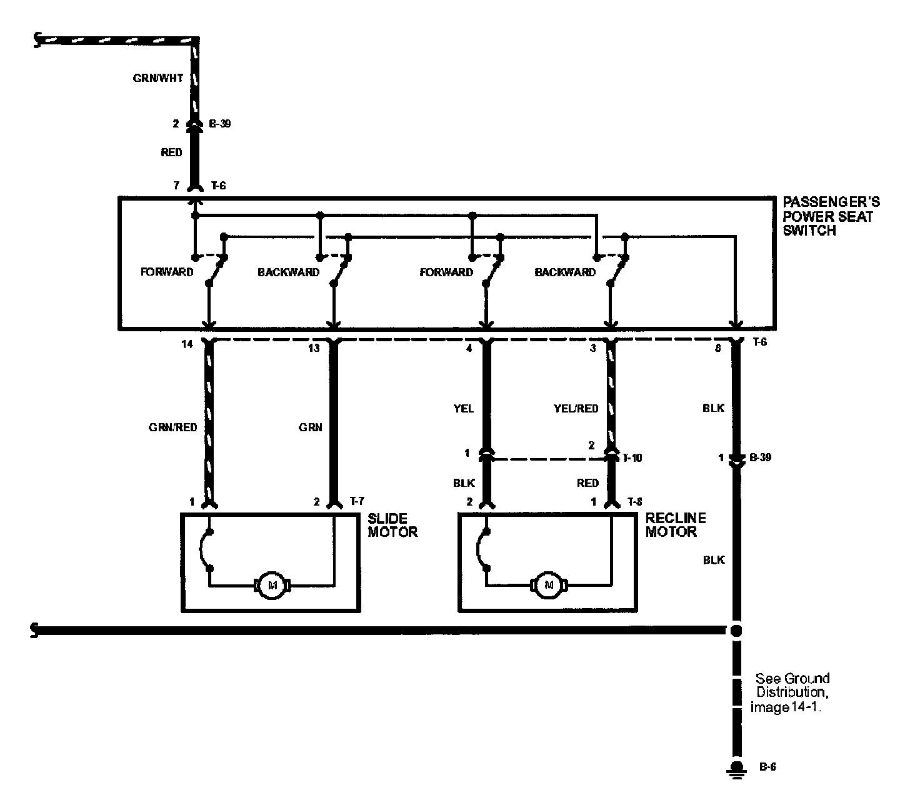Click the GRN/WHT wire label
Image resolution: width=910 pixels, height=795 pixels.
coord(158,78)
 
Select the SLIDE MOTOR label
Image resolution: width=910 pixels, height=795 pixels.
coord(392,525)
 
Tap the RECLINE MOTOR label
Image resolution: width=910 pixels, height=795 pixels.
coord(676,524)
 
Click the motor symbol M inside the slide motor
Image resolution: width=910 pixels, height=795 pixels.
coord(272,585)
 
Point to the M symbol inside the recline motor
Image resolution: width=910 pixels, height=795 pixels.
coord(549,585)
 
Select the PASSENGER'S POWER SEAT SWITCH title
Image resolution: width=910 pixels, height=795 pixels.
coord(831,216)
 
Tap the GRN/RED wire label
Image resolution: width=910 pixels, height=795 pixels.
coord(172,427)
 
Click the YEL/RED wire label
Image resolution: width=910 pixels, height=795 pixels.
coord(576,409)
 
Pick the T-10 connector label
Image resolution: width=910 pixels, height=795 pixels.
coord(632,458)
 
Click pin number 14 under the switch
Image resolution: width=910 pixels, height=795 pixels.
coord(187,344)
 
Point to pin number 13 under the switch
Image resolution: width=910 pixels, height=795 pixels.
coord(314,348)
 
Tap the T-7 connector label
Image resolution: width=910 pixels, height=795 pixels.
coord(357,501)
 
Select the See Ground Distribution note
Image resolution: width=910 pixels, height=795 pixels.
coord(790,692)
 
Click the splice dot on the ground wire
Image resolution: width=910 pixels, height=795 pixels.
coord(736,631)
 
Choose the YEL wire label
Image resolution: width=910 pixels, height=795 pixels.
coord(464,409)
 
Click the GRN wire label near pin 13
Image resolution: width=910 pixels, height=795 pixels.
coord(310,427)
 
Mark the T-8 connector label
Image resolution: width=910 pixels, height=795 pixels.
coord(634,502)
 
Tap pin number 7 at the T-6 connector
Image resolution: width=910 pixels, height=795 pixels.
coord(176,186)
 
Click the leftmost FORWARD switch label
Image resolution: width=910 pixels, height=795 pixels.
coord(167,272)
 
